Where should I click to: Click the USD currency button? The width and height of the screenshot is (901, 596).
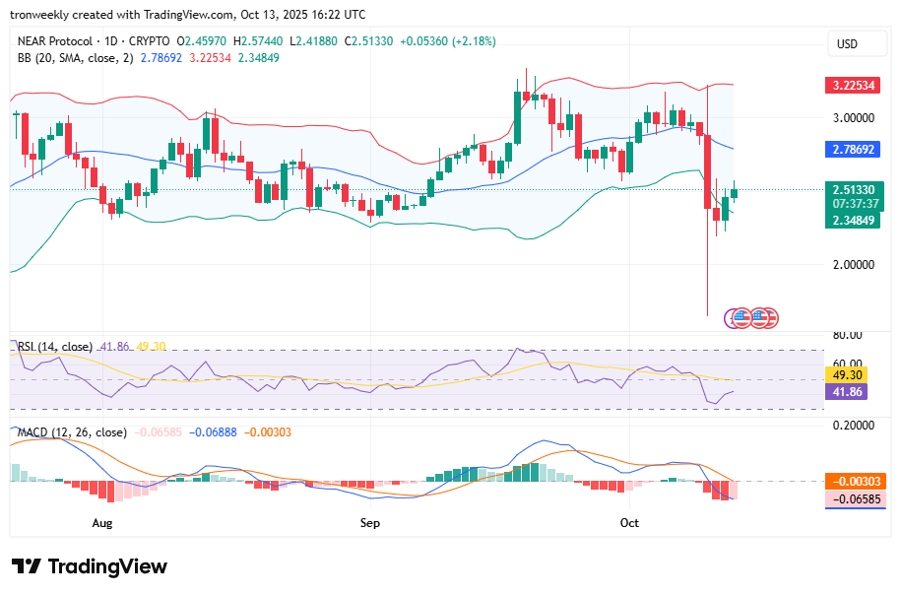point(847,43)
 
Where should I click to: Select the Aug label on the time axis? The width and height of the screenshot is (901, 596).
point(102,523)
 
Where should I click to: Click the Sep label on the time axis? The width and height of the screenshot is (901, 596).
point(370,523)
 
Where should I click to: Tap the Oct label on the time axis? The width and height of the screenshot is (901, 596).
point(629,523)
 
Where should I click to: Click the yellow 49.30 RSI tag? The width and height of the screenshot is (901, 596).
point(847,375)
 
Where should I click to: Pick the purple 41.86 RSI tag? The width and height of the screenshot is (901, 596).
point(847,392)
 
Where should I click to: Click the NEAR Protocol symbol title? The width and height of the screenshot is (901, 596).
point(55,41)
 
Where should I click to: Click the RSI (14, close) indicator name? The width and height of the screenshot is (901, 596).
point(55,347)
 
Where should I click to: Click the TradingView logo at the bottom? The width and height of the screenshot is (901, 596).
point(90,566)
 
